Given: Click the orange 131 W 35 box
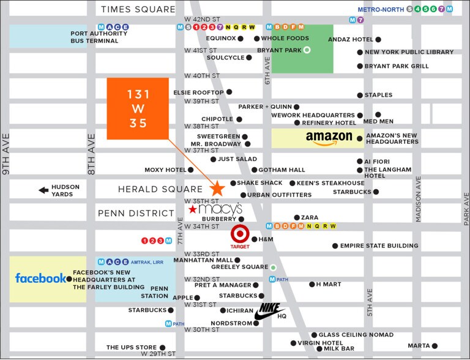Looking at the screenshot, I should click(137, 108).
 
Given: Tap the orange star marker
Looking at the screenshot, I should click(217, 189).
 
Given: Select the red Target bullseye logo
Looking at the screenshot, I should click(240, 235).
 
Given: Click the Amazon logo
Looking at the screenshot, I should click(329, 138).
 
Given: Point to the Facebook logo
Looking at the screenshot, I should click(40, 279).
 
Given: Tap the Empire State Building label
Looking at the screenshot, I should click(379, 246).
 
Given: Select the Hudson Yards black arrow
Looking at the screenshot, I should click(43, 190).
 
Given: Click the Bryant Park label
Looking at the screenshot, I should click(277, 50).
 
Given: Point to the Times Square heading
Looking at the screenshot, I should click(138, 9).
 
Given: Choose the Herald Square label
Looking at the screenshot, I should click(160, 190).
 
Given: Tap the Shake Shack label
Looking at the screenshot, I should click(259, 183).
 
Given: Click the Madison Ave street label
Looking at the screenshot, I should click(419, 199).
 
